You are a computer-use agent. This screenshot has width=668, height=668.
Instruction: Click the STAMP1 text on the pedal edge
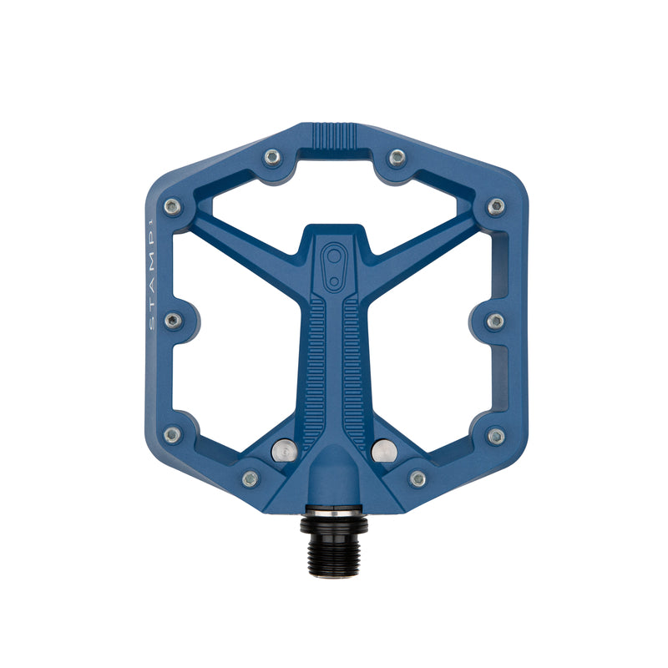(x=151, y=276)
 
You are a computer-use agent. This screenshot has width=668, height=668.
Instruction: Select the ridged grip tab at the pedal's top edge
(x=334, y=134)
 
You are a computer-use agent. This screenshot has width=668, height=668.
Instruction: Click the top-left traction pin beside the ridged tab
(x=272, y=156)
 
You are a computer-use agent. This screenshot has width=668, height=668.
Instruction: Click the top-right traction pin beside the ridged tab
(x=397, y=156)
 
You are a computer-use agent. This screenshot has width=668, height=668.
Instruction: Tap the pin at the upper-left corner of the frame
(x=173, y=206)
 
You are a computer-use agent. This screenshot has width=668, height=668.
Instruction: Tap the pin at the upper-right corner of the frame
(x=495, y=206)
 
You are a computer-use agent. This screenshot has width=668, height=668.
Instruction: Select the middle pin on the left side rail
(x=173, y=321)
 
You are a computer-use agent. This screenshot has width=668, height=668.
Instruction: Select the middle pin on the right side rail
(x=495, y=321)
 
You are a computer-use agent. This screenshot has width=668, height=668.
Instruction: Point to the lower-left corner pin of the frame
(x=173, y=435)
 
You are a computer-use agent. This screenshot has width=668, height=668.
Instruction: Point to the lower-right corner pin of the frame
(x=495, y=435)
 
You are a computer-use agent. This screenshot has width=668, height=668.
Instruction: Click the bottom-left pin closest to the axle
(x=250, y=478)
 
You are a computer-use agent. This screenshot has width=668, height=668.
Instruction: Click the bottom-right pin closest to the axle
(x=417, y=478)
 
